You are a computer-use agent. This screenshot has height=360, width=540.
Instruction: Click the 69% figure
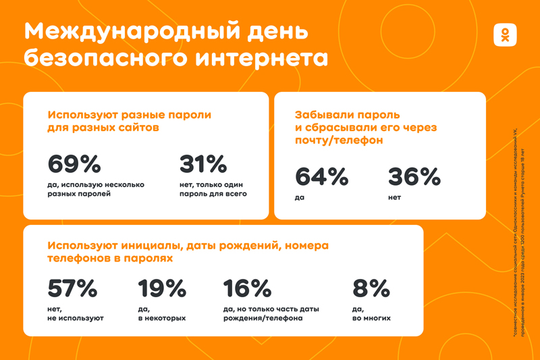[x=74, y=164]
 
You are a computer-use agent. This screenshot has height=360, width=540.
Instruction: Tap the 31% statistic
[x=202, y=164]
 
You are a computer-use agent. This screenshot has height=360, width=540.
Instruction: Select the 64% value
[x=322, y=177]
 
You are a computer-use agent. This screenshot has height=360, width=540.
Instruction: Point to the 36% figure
[x=414, y=177]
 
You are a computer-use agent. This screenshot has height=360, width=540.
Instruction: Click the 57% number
[x=73, y=288]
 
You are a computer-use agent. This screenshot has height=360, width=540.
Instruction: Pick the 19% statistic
[x=162, y=288]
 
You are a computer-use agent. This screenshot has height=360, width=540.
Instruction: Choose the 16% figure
[x=248, y=288]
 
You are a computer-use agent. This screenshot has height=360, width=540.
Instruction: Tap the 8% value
[x=371, y=288]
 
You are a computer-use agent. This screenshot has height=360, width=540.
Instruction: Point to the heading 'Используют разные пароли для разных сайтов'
[x=129, y=121]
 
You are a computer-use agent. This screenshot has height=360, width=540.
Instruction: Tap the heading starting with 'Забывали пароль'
[x=367, y=128]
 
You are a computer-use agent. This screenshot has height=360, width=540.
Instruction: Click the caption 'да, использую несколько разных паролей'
[x=95, y=189]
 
